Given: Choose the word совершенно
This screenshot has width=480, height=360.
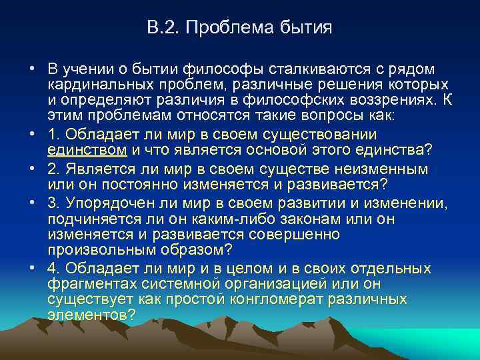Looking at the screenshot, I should [293, 234].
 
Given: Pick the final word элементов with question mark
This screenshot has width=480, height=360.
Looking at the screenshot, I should [91, 314].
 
